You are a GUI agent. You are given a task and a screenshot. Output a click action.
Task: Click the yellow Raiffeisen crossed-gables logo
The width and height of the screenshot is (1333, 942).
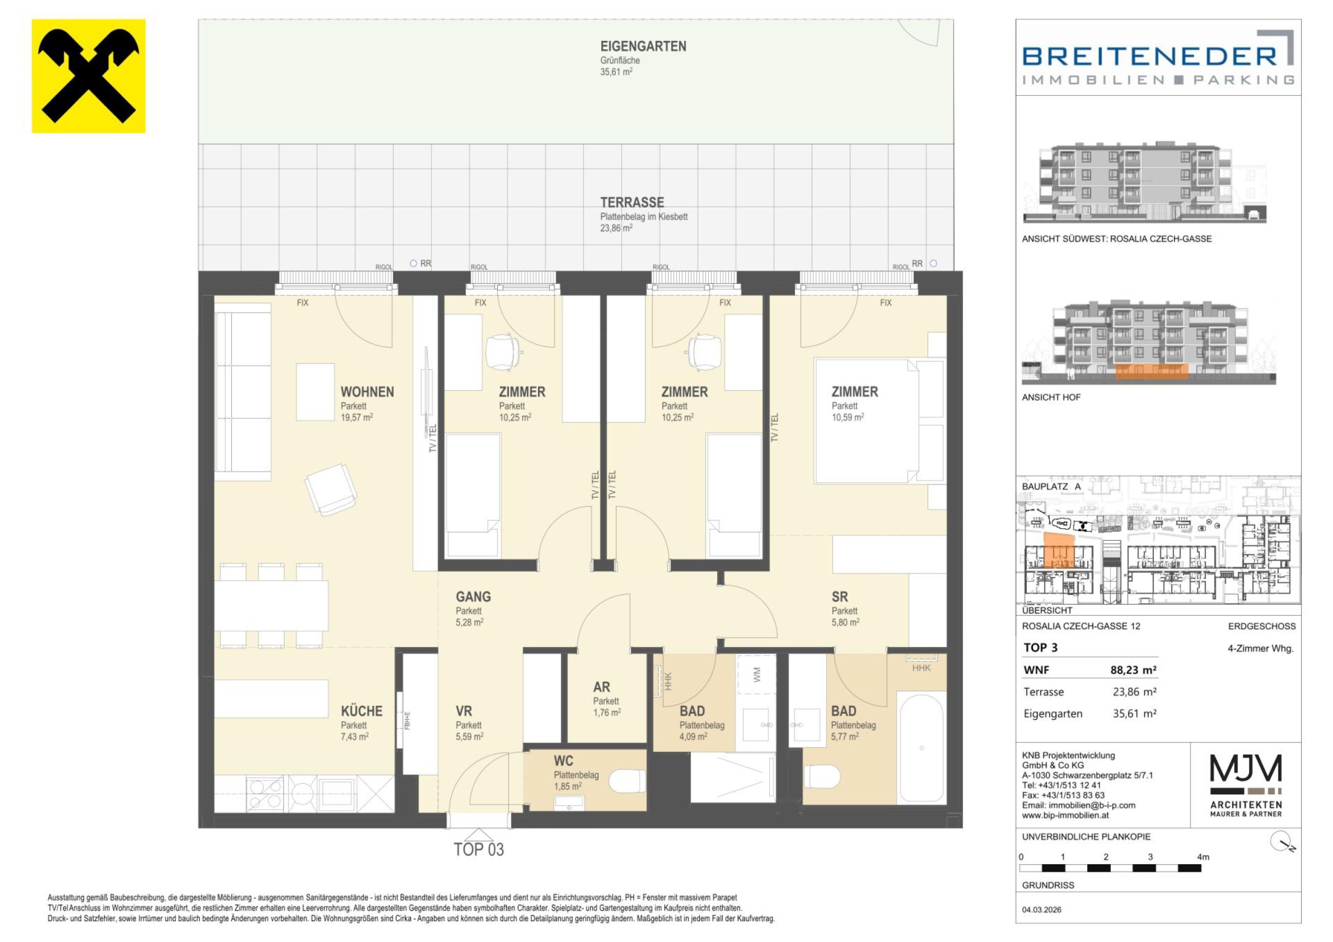coord(88,76)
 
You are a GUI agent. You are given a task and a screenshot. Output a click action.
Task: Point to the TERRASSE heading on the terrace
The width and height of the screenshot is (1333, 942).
coord(632,203)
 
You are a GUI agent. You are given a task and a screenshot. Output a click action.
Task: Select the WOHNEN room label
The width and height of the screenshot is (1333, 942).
coord(367,392)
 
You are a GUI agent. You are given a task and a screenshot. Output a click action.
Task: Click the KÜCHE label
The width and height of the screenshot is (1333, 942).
coord(361,711)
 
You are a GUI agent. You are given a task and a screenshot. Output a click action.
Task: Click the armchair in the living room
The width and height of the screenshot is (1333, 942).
coord(330,489)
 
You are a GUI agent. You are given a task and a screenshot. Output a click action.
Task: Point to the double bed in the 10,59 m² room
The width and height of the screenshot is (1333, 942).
coord(867,421)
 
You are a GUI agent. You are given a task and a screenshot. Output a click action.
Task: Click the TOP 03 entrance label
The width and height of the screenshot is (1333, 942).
coord(479,850)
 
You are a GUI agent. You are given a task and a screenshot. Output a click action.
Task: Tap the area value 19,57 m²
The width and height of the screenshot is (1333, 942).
coord(356,417)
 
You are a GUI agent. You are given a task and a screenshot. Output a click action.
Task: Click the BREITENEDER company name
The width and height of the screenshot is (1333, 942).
coord(1149,56)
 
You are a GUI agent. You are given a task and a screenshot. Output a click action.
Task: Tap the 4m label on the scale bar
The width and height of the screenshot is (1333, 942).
coord(1203,857)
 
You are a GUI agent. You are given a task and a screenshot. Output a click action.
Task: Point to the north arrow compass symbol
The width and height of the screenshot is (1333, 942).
coord(1282,841)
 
